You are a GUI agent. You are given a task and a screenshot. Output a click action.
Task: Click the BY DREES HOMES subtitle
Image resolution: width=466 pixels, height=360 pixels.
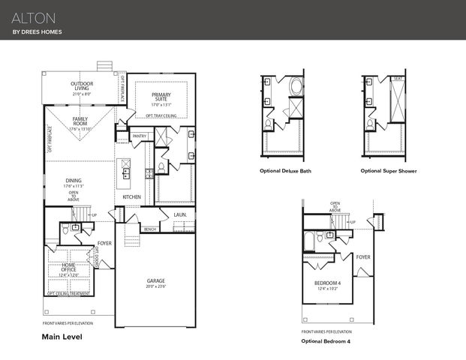(37, 32)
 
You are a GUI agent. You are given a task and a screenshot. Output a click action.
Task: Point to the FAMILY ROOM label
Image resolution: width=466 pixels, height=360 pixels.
(81, 122)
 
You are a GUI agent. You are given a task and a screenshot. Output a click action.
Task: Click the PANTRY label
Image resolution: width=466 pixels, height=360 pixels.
(139, 136)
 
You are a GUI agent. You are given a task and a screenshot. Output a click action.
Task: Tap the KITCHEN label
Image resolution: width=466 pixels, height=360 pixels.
(132, 196)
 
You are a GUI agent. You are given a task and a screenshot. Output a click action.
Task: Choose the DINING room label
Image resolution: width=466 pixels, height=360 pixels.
(74, 181)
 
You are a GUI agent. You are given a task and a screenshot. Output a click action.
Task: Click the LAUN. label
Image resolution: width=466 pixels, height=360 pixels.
(179, 214)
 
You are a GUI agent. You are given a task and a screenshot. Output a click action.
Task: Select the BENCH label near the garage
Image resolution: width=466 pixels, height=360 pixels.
(150, 229)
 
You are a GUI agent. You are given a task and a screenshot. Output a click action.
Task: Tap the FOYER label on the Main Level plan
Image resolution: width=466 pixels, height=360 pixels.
(104, 244)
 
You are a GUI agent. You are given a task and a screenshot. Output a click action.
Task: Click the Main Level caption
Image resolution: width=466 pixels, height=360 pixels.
(62, 337)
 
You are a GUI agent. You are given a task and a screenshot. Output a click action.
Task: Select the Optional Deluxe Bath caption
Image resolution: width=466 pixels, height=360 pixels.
(284, 171)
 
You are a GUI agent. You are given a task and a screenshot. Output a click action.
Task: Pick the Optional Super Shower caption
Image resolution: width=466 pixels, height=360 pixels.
(388, 171)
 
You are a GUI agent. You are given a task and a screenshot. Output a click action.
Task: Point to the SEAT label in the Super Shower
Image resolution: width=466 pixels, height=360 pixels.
(397, 79)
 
